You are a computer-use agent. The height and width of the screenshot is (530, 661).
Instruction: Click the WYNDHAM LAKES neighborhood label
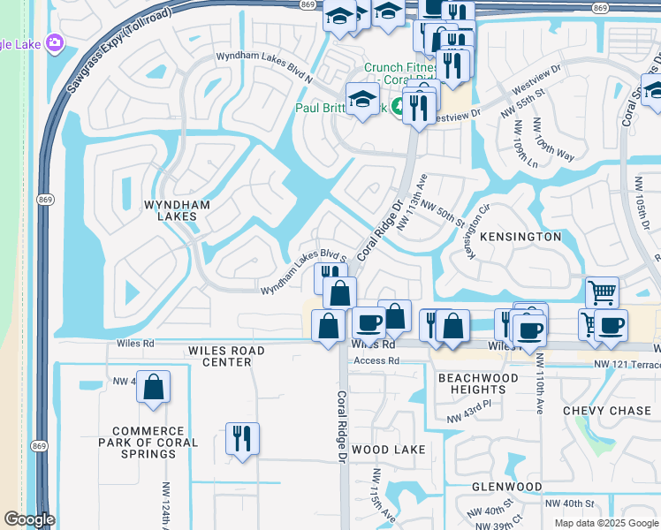click(178, 209)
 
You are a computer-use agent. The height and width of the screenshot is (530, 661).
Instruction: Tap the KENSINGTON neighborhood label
click(520, 237)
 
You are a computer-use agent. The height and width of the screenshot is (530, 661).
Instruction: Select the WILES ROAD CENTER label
click(226, 356)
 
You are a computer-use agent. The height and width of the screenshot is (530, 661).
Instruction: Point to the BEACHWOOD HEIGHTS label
click(471, 383)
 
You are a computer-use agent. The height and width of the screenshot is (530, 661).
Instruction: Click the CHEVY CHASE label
click(607, 411)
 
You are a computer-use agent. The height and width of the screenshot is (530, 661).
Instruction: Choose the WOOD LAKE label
click(389, 450)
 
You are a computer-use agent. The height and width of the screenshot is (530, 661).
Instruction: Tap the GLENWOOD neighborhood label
click(507, 487)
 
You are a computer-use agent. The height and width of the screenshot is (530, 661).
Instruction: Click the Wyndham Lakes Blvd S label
click(300, 270)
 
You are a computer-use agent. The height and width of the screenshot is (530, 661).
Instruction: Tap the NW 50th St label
click(443, 215)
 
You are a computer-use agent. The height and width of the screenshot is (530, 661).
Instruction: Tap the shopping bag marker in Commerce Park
click(153, 386)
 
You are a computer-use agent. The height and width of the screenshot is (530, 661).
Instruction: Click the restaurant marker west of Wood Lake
click(241, 438)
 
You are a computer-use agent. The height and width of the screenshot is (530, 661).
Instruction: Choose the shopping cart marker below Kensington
click(602, 291)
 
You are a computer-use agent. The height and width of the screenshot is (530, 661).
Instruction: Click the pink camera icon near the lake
click(56, 42)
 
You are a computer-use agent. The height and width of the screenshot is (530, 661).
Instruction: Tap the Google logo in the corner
click(28, 519)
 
